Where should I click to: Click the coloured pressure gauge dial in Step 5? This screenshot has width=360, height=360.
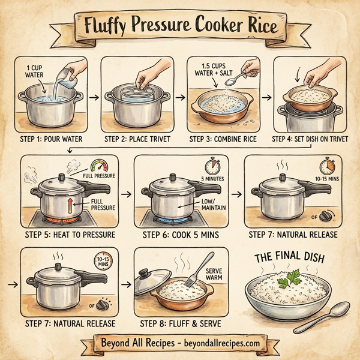(x=99, y=166)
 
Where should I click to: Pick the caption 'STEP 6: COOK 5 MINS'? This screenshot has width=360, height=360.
(x=180, y=234)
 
